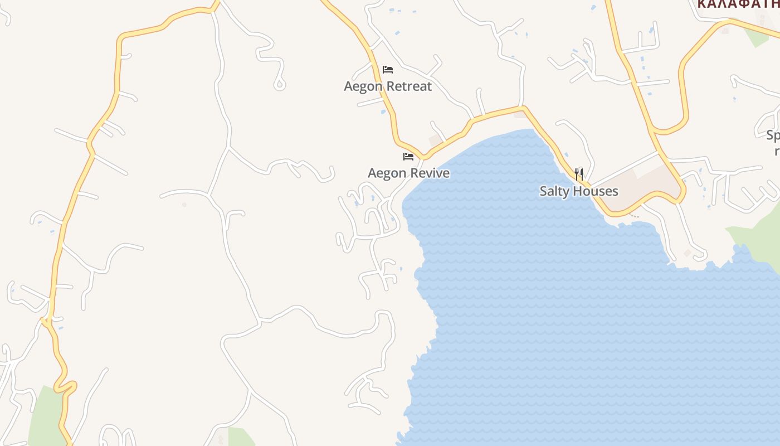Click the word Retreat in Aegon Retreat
point(409,86)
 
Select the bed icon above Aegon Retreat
point(388,70)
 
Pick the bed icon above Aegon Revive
point(408,157)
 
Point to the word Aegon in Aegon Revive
point(387,173)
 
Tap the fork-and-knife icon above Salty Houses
point(579,174)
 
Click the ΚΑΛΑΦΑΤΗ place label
point(738,4)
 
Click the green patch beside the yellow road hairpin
point(45,415)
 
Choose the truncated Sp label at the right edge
point(773,135)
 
